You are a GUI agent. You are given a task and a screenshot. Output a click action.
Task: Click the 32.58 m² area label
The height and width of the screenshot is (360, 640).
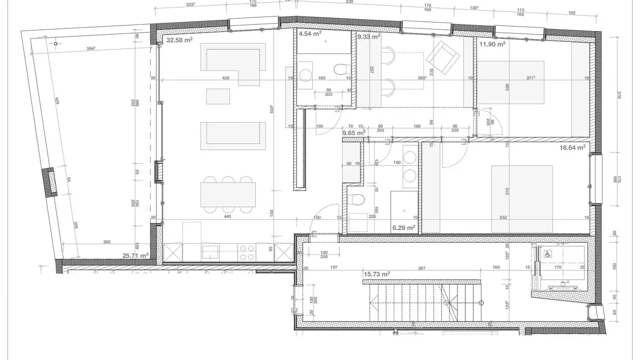[x=179, y=40]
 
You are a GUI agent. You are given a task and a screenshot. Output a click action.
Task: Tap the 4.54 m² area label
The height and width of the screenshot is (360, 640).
[x=310, y=33]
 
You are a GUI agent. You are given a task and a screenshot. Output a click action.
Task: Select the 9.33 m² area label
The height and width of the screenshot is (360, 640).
[x=369, y=37]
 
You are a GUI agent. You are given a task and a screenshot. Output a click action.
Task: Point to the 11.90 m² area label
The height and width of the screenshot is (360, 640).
[x=492, y=44]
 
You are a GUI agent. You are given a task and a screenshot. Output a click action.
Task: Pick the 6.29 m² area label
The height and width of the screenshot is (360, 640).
[x=404, y=228]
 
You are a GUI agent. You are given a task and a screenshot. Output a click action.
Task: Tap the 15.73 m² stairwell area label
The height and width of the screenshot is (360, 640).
[x=376, y=275]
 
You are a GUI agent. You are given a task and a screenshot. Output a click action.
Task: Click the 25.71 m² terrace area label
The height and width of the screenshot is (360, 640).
[x=136, y=256]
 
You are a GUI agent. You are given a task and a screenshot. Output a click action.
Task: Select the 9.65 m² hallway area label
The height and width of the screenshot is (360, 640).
[x=353, y=132]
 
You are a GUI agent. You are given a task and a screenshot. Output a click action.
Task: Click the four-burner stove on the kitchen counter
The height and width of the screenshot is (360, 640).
[x=246, y=252]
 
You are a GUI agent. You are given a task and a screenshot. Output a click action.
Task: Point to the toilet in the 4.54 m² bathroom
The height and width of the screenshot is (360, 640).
[x=341, y=70]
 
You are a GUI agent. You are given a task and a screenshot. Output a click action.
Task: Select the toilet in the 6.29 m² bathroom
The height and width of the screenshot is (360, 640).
[x=357, y=200]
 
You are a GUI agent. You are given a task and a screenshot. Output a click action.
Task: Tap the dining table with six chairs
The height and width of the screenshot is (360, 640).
[x=228, y=195]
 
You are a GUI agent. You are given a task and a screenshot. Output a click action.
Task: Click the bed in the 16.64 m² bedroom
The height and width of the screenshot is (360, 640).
[x=522, y=198]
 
